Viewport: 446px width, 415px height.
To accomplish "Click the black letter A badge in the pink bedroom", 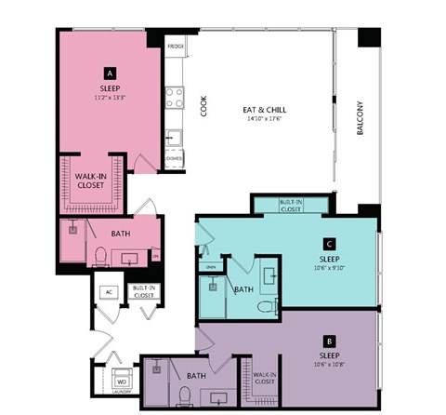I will pyautogui.click(x=110, y=72).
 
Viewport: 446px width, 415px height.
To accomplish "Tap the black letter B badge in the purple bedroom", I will pyautogui.click(x=329, y=341).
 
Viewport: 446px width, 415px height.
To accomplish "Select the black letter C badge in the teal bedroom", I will pyautogui.click(x=329, y=245).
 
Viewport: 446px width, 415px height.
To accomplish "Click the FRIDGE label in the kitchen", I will pyautogui.click(x=175, y=46).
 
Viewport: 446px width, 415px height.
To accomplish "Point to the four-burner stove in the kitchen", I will pyautogui.click(x=174, y=97).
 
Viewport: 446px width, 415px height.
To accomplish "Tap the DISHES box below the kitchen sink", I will pyautogui.click(x=174, y=159).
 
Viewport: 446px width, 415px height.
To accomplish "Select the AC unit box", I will pyautogui.click(x=109, y=291).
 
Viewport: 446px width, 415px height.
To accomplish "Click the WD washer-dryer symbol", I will pyautogui.click(x=121, y=380).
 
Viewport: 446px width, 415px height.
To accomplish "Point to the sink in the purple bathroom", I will pyautogui.click(x=219, y=397).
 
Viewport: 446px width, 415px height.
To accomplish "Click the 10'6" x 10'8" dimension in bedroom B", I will pyautogui.click(x=329, y=363).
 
